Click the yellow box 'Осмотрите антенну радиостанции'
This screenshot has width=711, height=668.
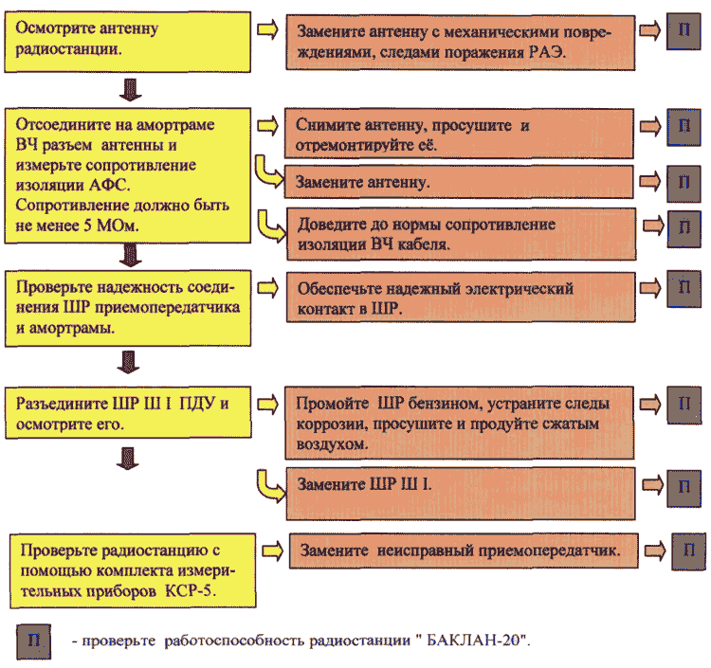pos(127,42)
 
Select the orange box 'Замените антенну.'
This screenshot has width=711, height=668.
pos(459,182)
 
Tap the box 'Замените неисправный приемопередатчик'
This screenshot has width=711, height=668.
pos(464,551)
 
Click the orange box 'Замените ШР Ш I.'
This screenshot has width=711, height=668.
pos(460,494)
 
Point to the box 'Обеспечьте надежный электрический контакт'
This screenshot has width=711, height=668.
pos(461,298)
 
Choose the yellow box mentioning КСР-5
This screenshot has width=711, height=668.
pos(133,570)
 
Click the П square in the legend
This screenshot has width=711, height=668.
pos(34,641)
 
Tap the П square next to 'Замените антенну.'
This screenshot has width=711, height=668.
pos(684,183)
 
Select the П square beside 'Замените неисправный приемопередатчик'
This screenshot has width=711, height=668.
pos(689,551)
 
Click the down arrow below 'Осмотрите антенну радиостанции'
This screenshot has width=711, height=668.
pos(130,90)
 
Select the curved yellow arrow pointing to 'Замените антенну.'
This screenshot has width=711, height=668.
pos(268,172)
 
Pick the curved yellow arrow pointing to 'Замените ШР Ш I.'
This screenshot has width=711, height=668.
pos(270,486)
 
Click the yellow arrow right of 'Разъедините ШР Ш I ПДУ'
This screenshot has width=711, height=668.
pos(267,404)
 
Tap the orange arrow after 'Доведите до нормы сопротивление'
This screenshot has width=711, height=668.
pos(653,225)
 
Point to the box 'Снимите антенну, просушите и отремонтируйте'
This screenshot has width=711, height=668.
pos(459,134)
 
